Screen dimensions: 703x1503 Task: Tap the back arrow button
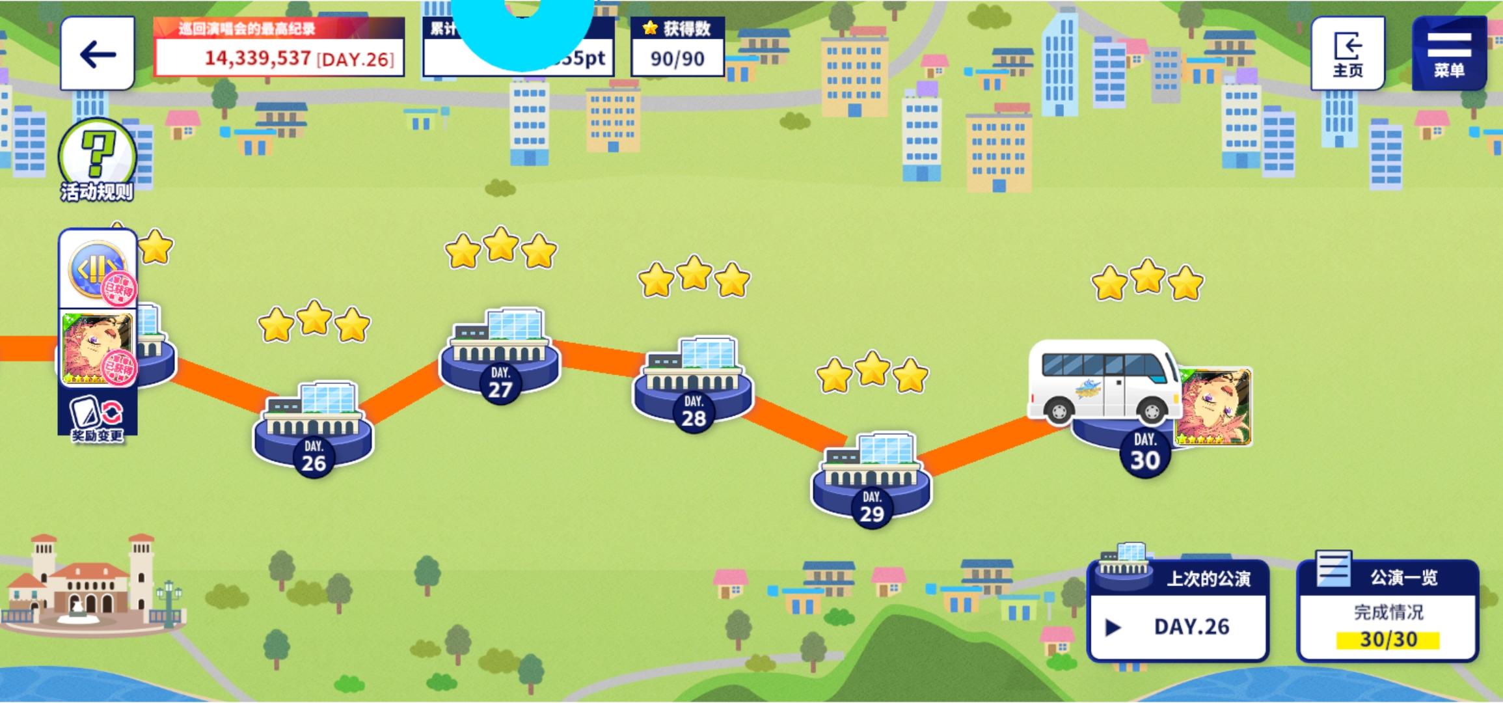(98, 53)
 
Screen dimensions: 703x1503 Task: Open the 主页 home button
(1347, 53)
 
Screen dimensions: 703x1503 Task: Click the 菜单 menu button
(1449, 53)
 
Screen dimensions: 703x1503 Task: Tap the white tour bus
(1104, 381)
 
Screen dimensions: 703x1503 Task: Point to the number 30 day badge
(1145, 459)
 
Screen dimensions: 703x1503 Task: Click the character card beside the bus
(1214, 407)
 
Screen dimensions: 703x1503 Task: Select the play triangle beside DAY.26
(1113, 627)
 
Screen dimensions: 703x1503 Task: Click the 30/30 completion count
(1388, 640)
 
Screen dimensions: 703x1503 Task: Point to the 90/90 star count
(677, 59)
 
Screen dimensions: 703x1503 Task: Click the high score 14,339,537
(258, 59)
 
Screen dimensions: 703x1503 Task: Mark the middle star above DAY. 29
(872, 368)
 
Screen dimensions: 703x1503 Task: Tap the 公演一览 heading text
(1403, 577)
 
